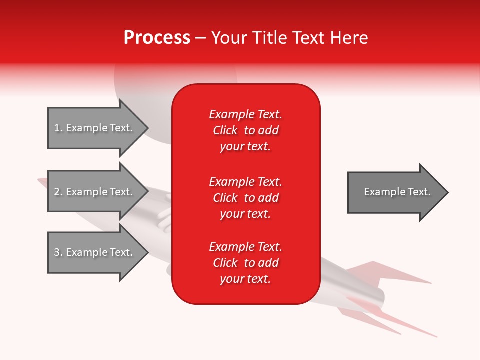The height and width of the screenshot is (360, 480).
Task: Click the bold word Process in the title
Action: (157, 38)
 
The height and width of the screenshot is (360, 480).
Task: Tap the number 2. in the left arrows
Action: (58, 192)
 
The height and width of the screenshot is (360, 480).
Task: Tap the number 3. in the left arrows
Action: (58, 252)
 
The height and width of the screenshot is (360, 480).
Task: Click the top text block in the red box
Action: (245, 130)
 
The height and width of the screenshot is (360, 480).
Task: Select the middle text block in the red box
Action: (245, 197)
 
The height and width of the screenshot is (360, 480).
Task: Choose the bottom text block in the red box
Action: (245, 263)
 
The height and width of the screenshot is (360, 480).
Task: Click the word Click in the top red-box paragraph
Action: (225, 130)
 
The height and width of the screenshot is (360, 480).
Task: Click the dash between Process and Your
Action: (200, 38)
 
